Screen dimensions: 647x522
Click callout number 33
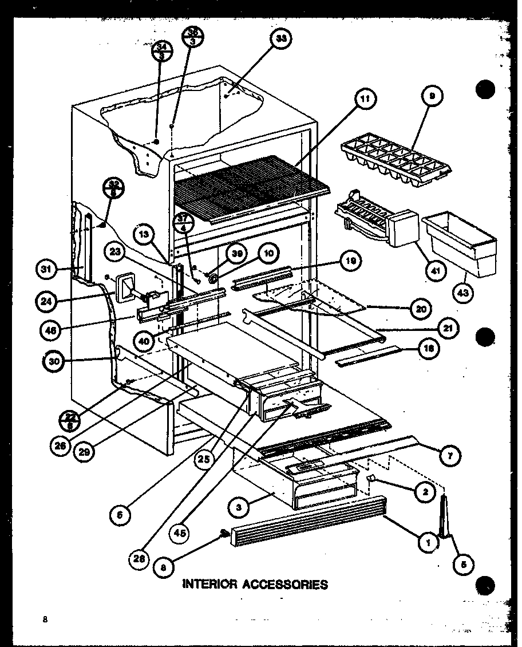(x=281, y=40)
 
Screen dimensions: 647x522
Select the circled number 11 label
(x=365, y=99)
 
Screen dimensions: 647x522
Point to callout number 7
(x=450, y=455)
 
